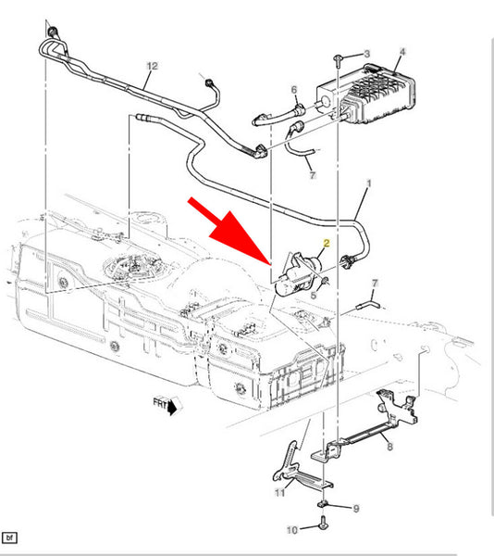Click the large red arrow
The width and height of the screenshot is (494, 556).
click(229, 231)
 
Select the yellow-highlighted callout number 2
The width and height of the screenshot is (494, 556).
click(327, 243)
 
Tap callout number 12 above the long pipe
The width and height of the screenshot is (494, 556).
click(152, 66)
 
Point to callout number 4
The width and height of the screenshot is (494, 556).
click(402, 52)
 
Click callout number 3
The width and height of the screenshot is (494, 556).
click(367, 54)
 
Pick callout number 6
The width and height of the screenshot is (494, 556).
click(294, 90)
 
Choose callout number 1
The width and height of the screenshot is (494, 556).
click(369, 183)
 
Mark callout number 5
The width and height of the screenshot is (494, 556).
click(314, 295)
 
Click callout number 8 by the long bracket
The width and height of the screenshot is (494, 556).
click(389, 447)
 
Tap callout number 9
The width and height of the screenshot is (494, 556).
click(356, 509)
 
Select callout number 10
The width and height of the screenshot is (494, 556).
click(292, 530)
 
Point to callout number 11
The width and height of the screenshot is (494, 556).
click(279, 493)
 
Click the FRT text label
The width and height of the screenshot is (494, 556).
click(160, 403)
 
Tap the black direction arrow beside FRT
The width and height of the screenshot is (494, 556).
click(172, 408)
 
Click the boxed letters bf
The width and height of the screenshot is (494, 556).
click(9, 537)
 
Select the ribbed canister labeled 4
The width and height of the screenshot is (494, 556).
click(366, 93)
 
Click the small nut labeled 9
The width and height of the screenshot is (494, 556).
click(322, 503)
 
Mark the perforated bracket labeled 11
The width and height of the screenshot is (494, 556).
click(297, 469)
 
